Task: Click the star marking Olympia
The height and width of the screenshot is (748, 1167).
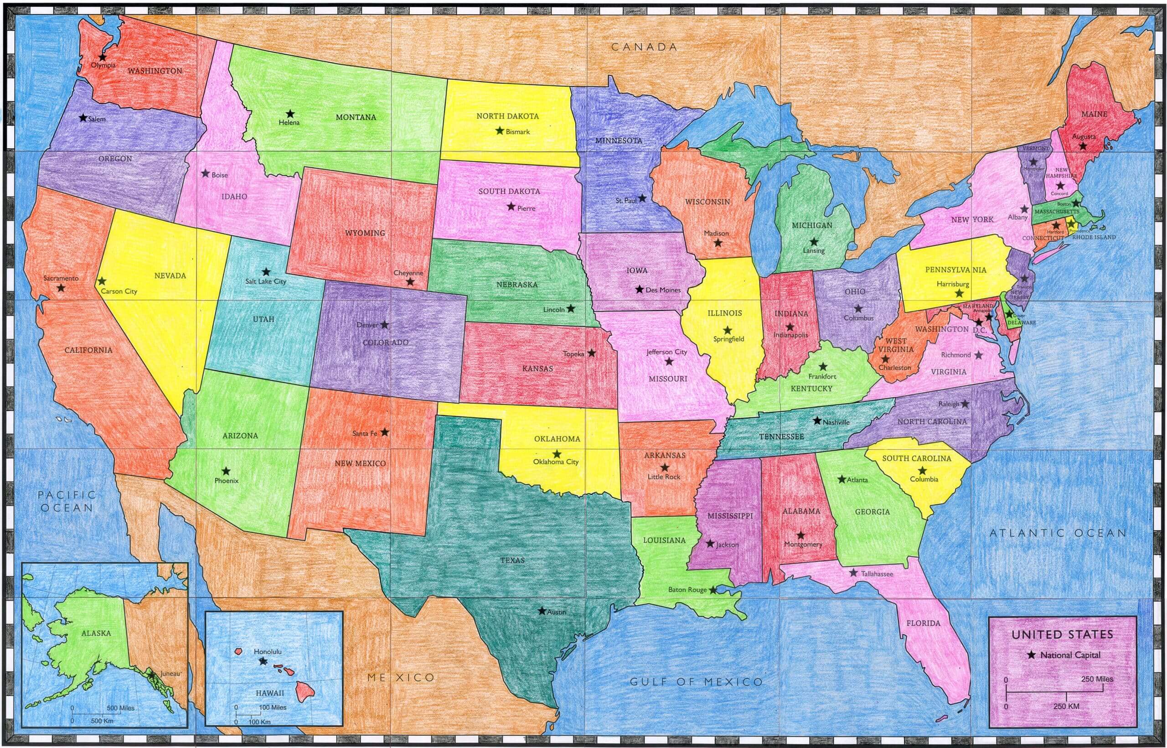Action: [102, 57]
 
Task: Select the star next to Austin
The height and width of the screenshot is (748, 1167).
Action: [542, 611]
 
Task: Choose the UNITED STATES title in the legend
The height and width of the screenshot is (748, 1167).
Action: [1062, 634]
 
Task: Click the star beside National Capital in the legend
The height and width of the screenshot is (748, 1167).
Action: [1032, 655]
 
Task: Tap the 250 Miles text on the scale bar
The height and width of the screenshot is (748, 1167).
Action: [1097, 679]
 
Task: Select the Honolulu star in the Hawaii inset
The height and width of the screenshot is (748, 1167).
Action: [263, 661]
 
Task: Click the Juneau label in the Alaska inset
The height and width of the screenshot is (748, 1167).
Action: [170, 674]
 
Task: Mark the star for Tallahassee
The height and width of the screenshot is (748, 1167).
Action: [853, 573]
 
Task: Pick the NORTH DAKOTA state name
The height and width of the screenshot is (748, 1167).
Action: [507, 116]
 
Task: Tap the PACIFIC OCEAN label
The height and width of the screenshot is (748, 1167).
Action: [67, 501]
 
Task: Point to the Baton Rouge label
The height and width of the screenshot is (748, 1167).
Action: [687, 590]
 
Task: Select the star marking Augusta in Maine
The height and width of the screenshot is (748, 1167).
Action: [1083, 146]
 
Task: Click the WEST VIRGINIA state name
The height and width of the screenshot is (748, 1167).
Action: [896, 345]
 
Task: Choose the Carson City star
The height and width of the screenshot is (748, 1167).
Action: [102, 281]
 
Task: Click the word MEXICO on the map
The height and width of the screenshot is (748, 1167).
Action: [401, 678]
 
